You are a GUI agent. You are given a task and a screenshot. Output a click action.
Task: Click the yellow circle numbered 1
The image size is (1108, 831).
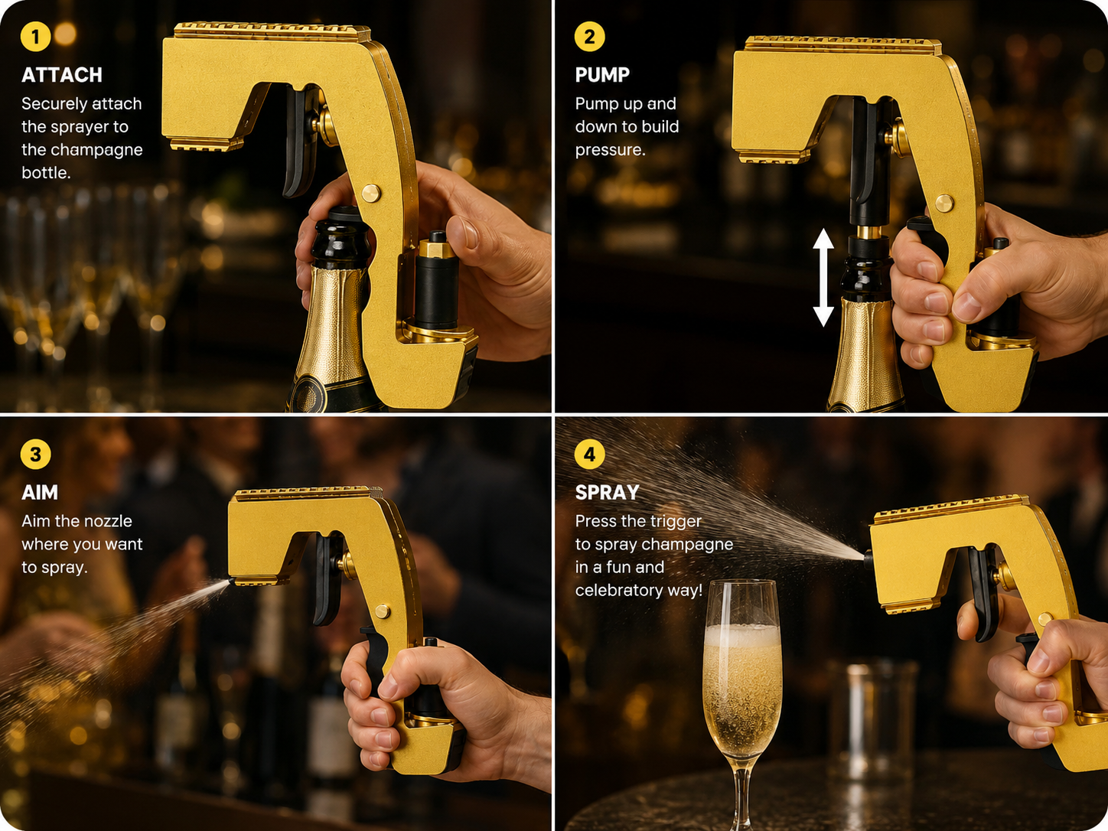tap(35, 36)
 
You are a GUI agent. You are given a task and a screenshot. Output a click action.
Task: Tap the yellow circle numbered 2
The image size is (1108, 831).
tap(590, 36)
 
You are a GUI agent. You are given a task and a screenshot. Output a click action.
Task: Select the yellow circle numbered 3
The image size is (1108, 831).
tap(35, 454)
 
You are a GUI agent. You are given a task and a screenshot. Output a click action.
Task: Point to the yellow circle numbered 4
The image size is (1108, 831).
tap(590, 454)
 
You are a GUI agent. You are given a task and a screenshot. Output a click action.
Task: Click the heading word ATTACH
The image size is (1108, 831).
tap(62, 75)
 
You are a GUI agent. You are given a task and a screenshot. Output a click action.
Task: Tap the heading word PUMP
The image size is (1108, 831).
tap(603, 75)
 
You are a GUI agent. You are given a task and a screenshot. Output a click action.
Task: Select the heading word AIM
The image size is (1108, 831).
tap(40, 493)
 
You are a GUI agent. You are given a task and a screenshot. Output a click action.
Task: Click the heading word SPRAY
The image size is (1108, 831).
tap(608, 493)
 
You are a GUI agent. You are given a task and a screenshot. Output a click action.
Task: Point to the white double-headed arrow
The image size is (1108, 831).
tap(823, 277)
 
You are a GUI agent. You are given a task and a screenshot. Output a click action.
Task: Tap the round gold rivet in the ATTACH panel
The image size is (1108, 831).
tap(372, 194)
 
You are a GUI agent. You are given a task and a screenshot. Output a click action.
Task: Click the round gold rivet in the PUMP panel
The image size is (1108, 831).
tap(944, 204)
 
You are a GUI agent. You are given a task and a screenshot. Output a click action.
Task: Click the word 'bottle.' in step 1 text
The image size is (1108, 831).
tap(46, 173)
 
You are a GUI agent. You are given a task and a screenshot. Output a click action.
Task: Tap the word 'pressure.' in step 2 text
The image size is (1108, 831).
tap(611, 150)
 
